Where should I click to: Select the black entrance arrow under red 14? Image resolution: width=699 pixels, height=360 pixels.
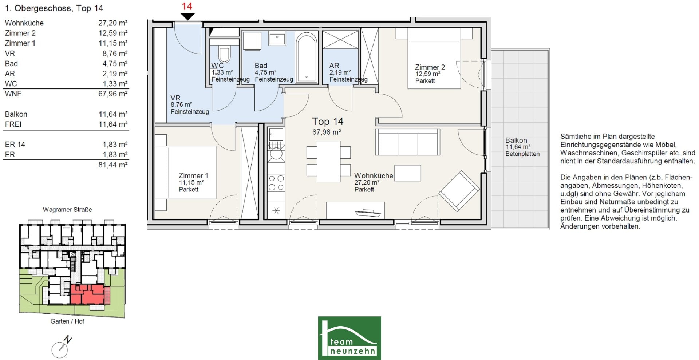188,16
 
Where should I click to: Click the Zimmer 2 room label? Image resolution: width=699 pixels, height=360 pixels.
430,67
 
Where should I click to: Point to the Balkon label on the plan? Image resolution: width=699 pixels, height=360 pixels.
516,140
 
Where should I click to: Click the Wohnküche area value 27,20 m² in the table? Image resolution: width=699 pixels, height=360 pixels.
113,23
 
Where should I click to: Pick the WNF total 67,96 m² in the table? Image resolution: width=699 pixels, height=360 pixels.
113,94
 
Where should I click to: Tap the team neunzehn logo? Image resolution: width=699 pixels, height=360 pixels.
349,338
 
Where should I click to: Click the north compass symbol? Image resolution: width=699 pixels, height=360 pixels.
61,348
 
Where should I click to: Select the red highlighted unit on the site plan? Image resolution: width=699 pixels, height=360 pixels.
87,294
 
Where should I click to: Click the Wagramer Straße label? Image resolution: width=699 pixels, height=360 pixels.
67,210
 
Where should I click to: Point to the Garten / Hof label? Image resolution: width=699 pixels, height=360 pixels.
67,321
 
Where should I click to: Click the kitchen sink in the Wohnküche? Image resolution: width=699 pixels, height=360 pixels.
276,134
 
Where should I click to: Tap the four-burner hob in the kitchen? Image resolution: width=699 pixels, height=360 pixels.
276,183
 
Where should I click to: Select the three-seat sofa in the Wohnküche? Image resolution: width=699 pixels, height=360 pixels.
408,142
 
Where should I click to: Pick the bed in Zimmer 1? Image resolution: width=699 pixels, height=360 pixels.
186,172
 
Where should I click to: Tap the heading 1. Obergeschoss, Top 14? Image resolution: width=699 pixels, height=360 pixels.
54,8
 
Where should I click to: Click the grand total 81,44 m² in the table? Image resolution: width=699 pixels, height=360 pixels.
113,165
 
